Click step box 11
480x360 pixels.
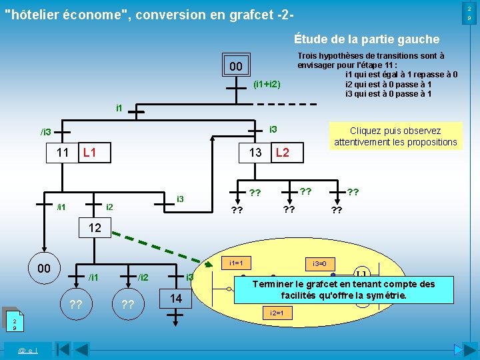[x=63, y=153]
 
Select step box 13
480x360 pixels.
[x=255, y=153]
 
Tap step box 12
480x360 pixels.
[x=95, y=228]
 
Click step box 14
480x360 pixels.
[x=176, y=299]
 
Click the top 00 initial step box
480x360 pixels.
[x=235, y=67]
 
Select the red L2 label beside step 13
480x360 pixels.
[x=282, y=153]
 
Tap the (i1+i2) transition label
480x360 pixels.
[x=267, y=85]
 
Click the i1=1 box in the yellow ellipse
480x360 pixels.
[x=235, y=263]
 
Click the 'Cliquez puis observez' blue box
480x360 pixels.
[x=395, y=136]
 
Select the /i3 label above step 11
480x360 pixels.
[x=45, y=132]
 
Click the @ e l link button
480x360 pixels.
[x=27, y=349]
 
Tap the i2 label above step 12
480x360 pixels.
[x=111, y=207]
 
